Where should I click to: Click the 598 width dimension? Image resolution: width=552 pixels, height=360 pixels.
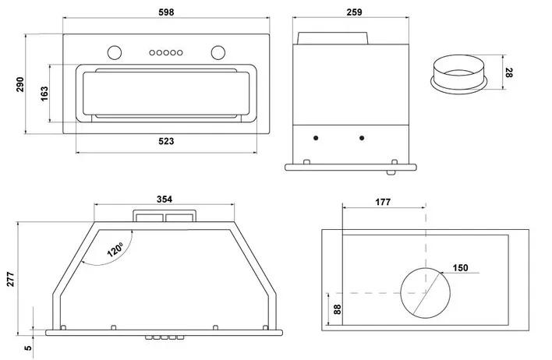165,12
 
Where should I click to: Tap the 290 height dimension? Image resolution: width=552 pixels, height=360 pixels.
22,84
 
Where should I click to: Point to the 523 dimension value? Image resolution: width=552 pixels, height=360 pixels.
165,142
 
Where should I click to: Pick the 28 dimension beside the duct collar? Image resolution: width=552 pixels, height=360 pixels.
508,73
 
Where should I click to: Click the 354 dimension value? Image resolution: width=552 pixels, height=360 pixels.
164,199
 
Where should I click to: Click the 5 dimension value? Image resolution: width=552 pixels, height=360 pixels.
28,348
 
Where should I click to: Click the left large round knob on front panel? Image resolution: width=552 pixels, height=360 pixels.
113,52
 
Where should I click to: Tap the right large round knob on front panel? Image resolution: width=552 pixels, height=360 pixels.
217,52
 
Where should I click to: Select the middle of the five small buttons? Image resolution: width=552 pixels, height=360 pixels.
165,52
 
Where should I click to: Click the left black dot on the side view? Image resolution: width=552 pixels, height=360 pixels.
316,139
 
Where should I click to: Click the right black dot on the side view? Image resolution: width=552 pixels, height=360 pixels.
361,139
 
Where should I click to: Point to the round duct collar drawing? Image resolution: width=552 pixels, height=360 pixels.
459,74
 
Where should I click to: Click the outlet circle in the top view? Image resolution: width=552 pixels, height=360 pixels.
426,293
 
